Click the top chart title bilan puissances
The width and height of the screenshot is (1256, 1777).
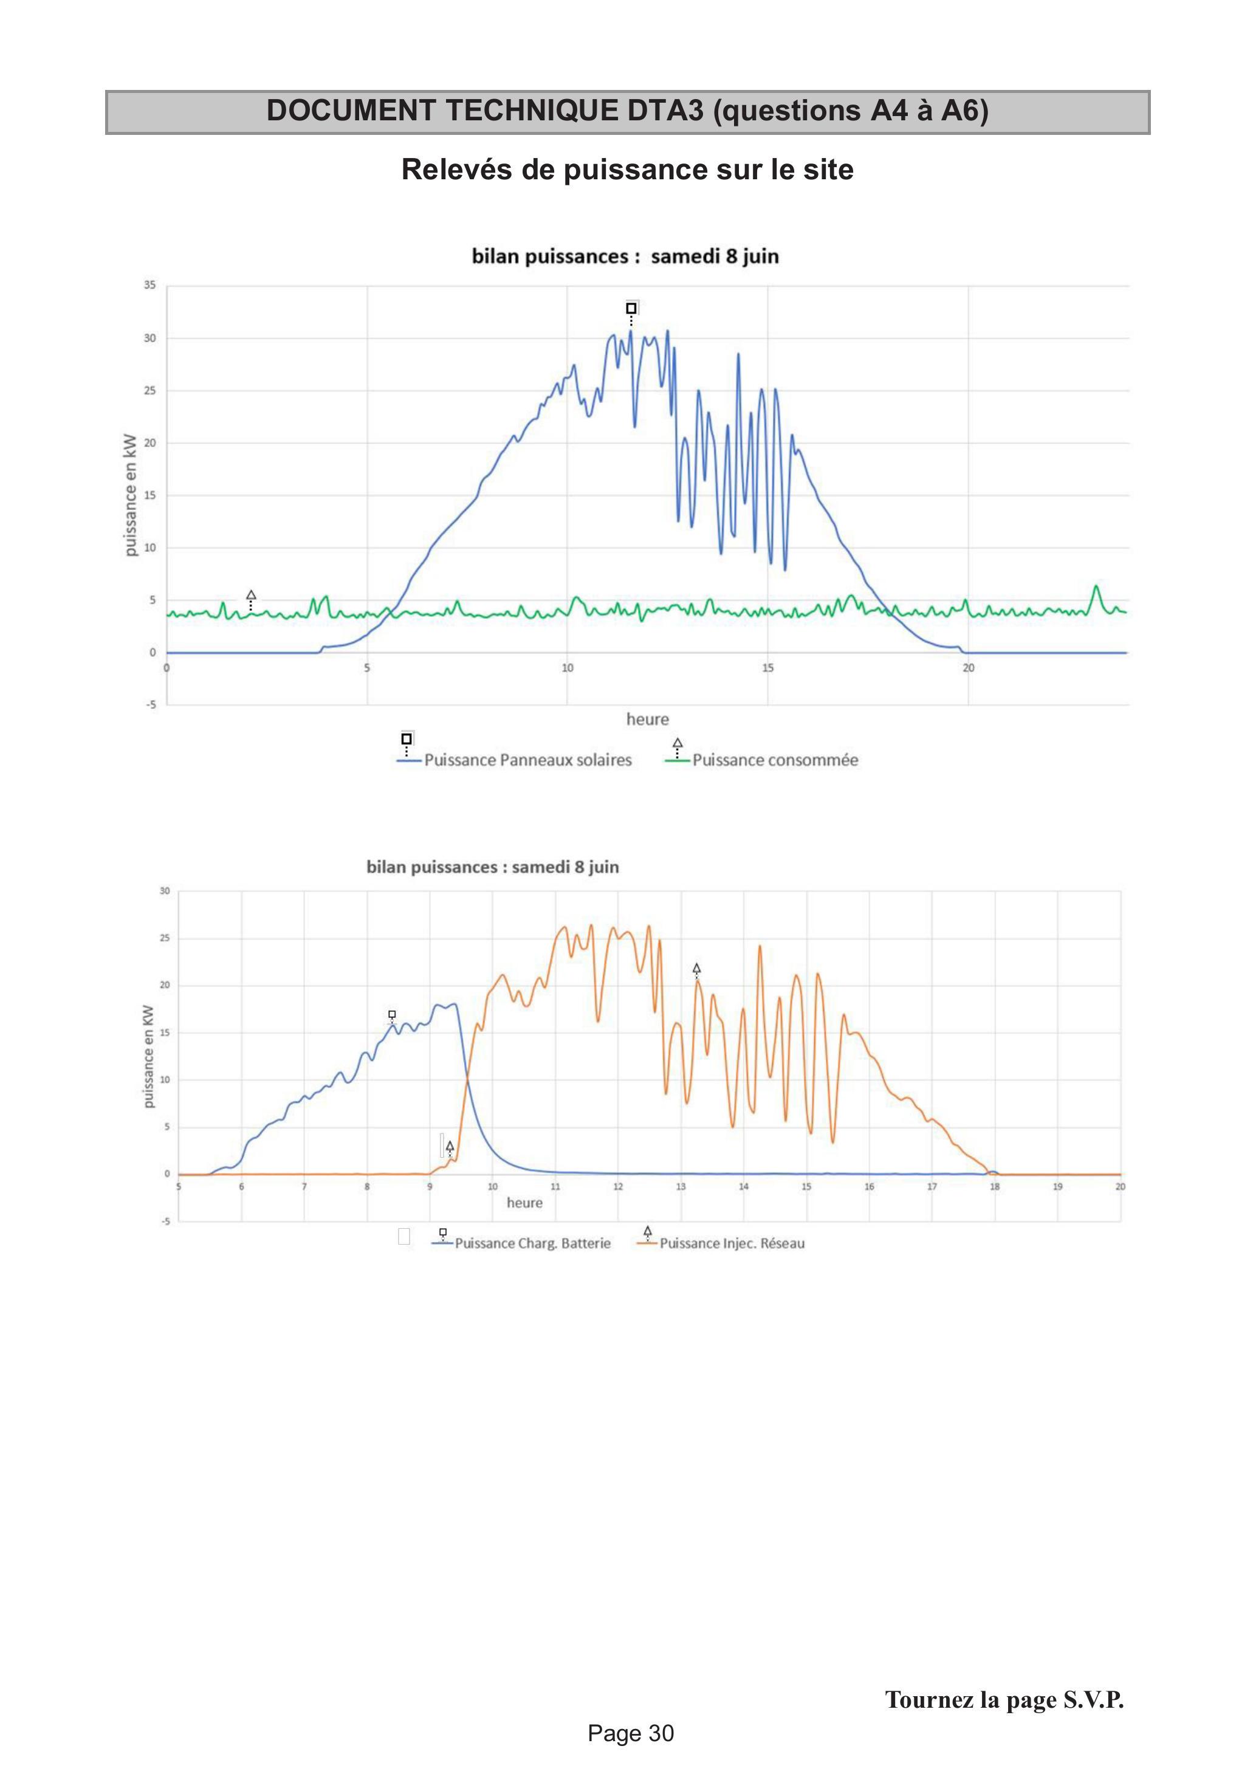551,256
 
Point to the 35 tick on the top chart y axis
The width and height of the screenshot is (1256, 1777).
149,285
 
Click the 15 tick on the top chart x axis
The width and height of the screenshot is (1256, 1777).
767,667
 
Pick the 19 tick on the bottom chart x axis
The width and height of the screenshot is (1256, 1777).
1058,1186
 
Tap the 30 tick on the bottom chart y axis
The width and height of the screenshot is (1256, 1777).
165,891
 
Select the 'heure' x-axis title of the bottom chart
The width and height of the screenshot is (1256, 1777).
524,1203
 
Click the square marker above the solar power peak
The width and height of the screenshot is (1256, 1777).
631,308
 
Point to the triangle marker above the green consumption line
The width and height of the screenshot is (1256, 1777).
251,594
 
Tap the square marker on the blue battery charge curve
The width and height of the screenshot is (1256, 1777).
393,1014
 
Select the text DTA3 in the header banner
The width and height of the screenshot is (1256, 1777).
665,111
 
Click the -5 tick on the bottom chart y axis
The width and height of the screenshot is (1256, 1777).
165,1222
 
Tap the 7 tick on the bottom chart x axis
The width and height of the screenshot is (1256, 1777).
304,1186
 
